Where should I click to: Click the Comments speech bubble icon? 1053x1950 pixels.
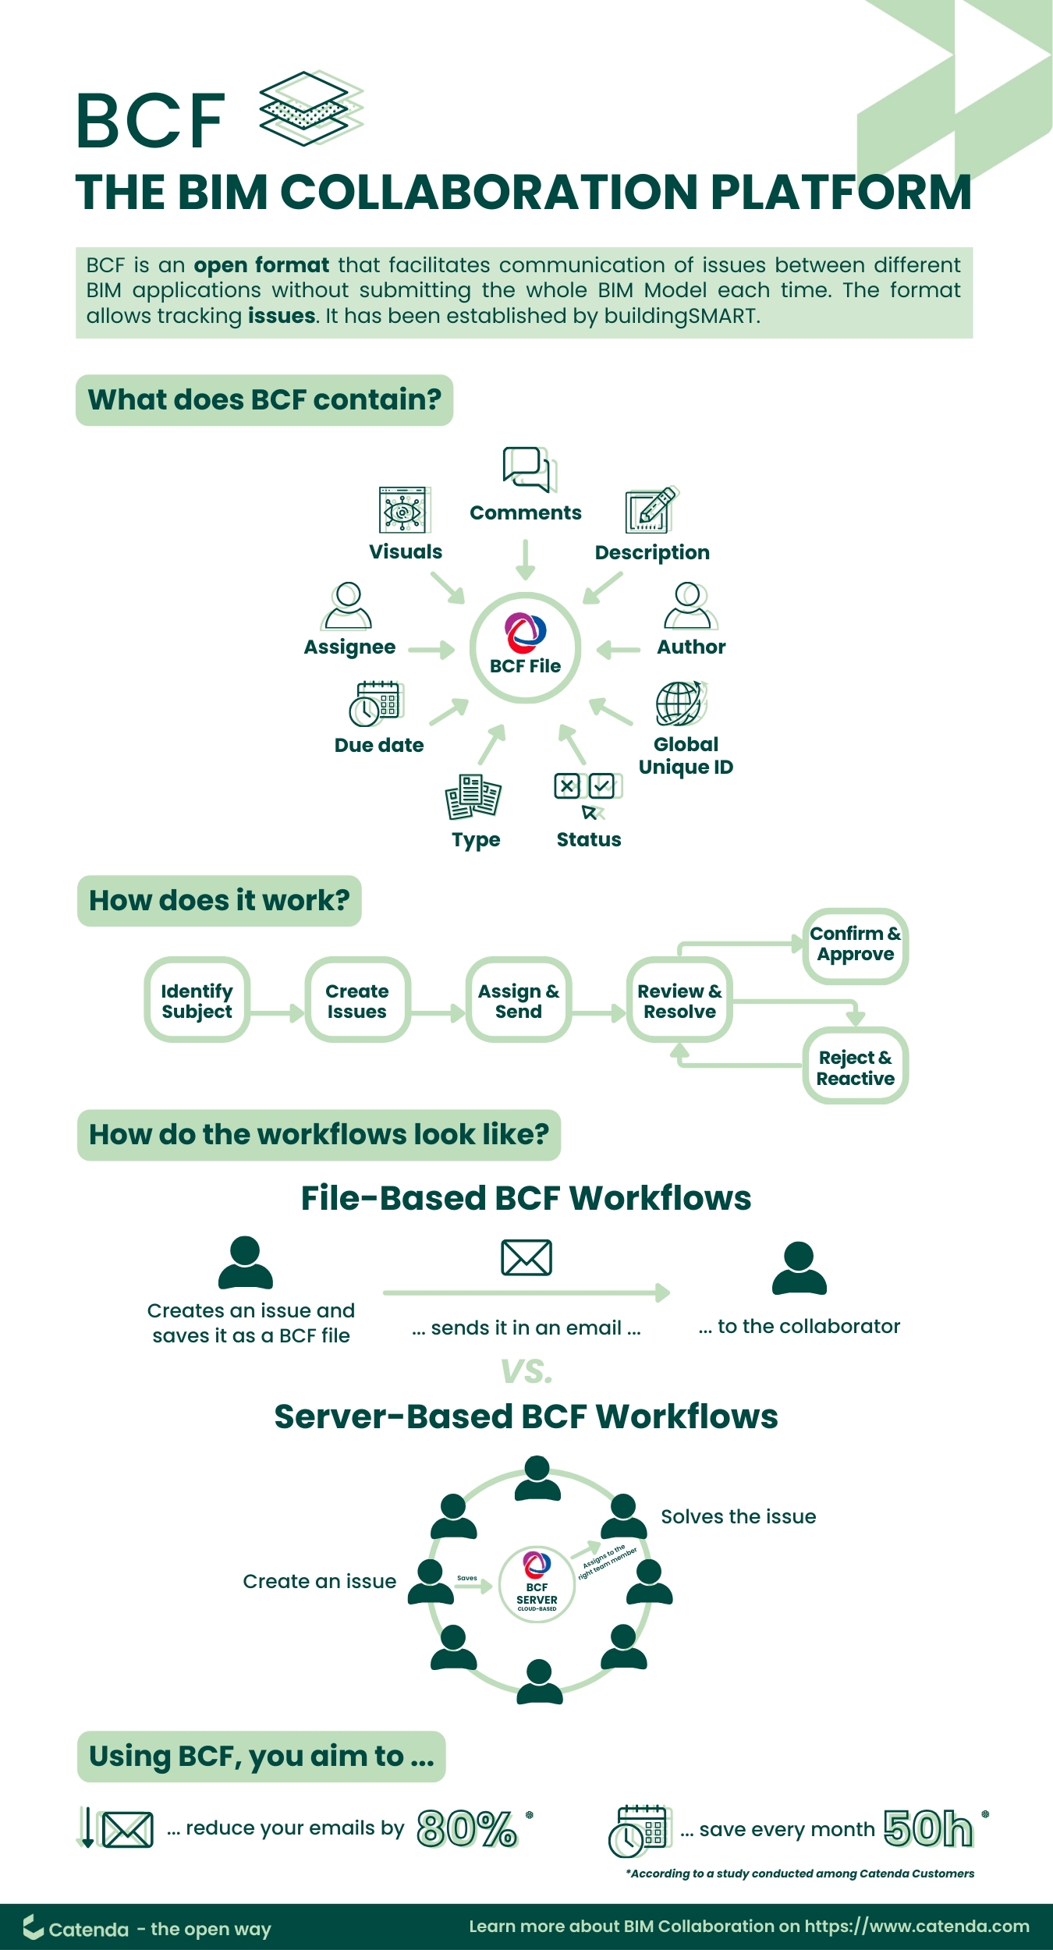click(528, 469)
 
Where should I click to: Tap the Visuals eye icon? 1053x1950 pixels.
click(403, 511)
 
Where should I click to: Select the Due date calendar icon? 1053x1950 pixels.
click(377, 703)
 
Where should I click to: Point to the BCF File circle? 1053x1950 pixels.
click(525, 647)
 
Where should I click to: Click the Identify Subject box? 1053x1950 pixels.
click(197, 1000)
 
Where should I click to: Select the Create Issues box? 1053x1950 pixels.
click(357, 1000)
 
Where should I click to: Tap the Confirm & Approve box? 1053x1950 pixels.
click(855, 945)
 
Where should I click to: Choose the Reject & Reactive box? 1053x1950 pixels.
click(855, 1067)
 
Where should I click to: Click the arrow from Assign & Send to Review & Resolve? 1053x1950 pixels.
click(599, 1013)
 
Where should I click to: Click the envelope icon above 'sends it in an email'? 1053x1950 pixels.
click(526, 1257)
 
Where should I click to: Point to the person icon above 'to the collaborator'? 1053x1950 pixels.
click(799, 1268)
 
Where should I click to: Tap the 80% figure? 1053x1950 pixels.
click(466, 1829)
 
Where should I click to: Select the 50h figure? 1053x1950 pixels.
click(928, 1829)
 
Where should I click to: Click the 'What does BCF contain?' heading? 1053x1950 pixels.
click(264, 400)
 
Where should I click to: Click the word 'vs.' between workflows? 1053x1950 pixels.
click(526, 1370)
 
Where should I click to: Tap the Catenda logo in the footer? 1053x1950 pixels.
click(33, 1927)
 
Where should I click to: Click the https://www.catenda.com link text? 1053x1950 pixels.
click(916, 1927)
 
